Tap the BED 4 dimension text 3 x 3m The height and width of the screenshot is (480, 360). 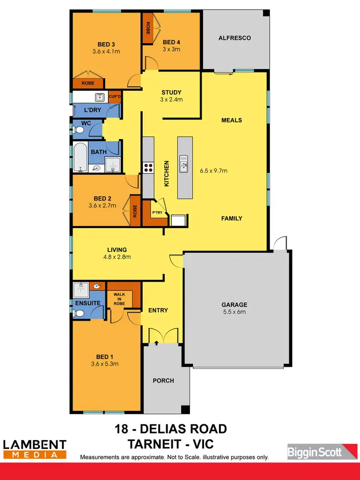171,49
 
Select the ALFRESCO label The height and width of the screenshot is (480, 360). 235,38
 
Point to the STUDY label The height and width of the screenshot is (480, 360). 171,93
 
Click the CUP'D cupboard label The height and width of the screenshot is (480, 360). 115,96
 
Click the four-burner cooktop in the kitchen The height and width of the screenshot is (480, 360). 147,168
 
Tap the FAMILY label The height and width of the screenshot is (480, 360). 231,218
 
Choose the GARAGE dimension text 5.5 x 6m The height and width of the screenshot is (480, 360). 234,312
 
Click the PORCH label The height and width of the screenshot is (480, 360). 164,381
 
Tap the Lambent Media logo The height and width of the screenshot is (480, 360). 35,448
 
